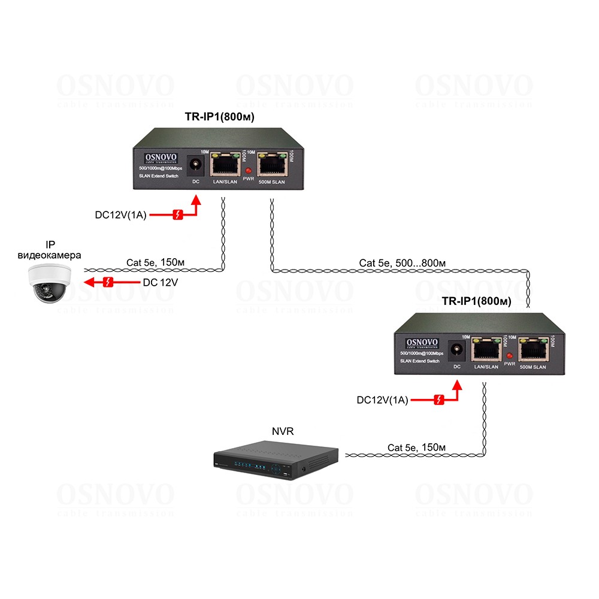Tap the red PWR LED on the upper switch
coord(249,172)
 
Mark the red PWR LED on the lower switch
coord(510,356)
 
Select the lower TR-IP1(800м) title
coord(476,302)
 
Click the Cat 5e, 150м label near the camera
coord(155,262)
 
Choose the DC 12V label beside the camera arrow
coord(159,282)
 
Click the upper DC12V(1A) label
coord(122,214)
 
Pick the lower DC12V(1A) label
coord(382,400)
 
